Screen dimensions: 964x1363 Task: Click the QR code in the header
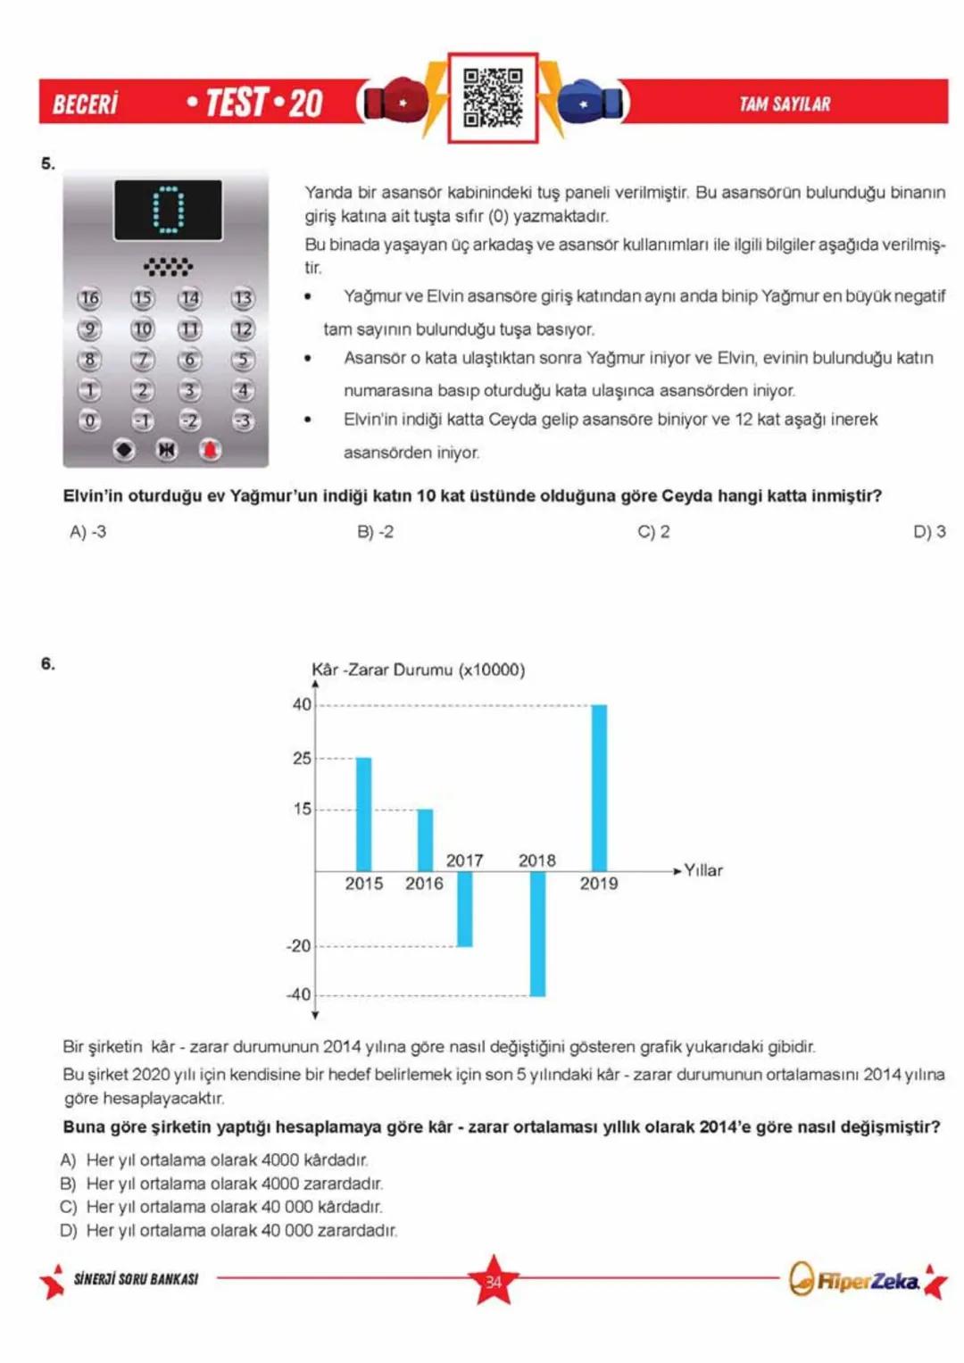point(493,98)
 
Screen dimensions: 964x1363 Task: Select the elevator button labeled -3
point(242,420)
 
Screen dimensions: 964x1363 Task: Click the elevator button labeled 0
point(89,420)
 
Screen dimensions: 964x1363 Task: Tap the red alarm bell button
point(210,450)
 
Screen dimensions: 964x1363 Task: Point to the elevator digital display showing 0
point(168,210)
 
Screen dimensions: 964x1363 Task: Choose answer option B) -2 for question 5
point(375,532)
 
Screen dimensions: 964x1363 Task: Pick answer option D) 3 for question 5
point(928,532)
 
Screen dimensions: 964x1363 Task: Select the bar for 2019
point(599,787)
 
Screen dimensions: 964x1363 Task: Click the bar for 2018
point(537,933)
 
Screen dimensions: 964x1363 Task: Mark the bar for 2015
point(363,813)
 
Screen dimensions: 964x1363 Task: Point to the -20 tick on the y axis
point(299,946)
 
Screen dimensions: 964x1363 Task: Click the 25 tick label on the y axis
point(302,758)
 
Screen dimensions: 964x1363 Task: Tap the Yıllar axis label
point(703,870)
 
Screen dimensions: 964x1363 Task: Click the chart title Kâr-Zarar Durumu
point(418,669)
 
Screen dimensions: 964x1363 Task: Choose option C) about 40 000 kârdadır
point(220,1207)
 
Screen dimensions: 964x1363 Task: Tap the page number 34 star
point(493,1281)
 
